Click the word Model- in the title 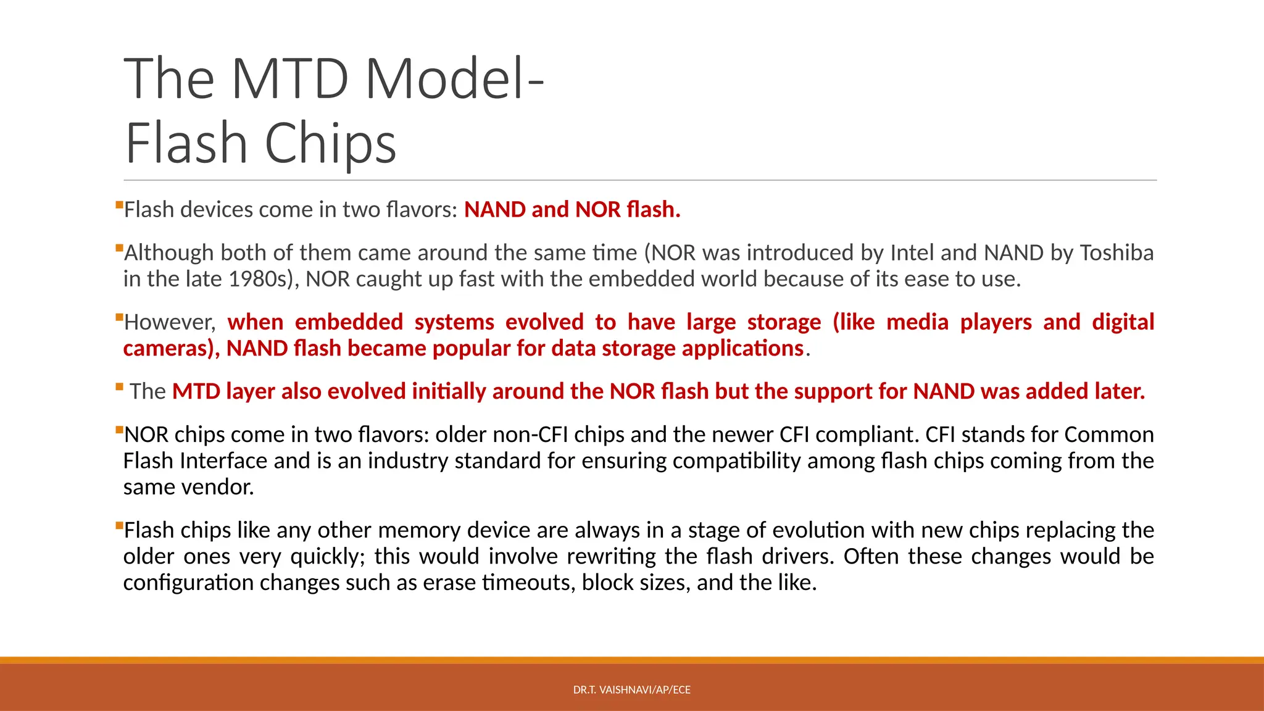(x=454, y=79)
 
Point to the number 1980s (x=258, y=280)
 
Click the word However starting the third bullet (x=169, y=322)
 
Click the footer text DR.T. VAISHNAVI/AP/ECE (x=631, y=690)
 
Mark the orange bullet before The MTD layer (x=119, y=387)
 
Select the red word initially (x=449, y=392)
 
